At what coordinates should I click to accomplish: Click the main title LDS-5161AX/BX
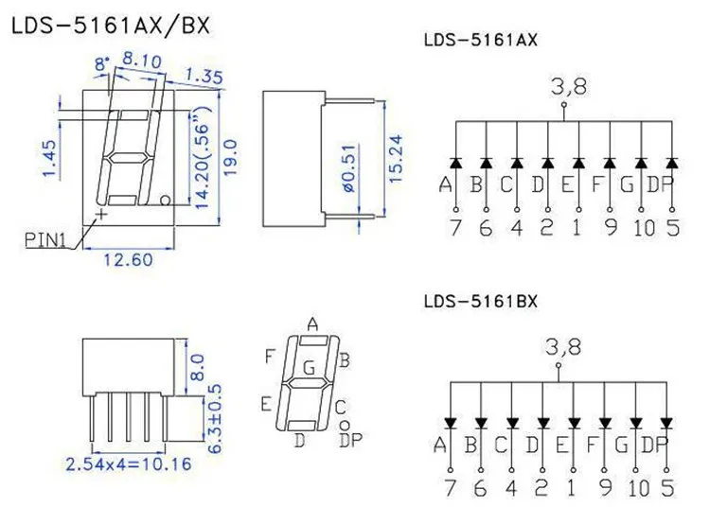click(x=111, y=26)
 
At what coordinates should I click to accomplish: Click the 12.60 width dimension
click(x=128, y=260)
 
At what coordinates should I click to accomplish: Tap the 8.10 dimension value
click(x=142, y=61)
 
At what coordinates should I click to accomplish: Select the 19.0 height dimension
click(x=230, y=158)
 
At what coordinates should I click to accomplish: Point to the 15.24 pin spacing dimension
click(x=396, y=159)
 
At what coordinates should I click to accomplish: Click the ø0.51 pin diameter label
click(x=349, y=168)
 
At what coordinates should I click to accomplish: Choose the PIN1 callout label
click(x=45, y=239)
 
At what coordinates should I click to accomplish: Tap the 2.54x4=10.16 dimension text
click(x=129, y=464)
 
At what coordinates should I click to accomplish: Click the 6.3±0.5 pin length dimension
click(x=215, y=418)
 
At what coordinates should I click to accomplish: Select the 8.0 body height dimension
click(x=199, y=367)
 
